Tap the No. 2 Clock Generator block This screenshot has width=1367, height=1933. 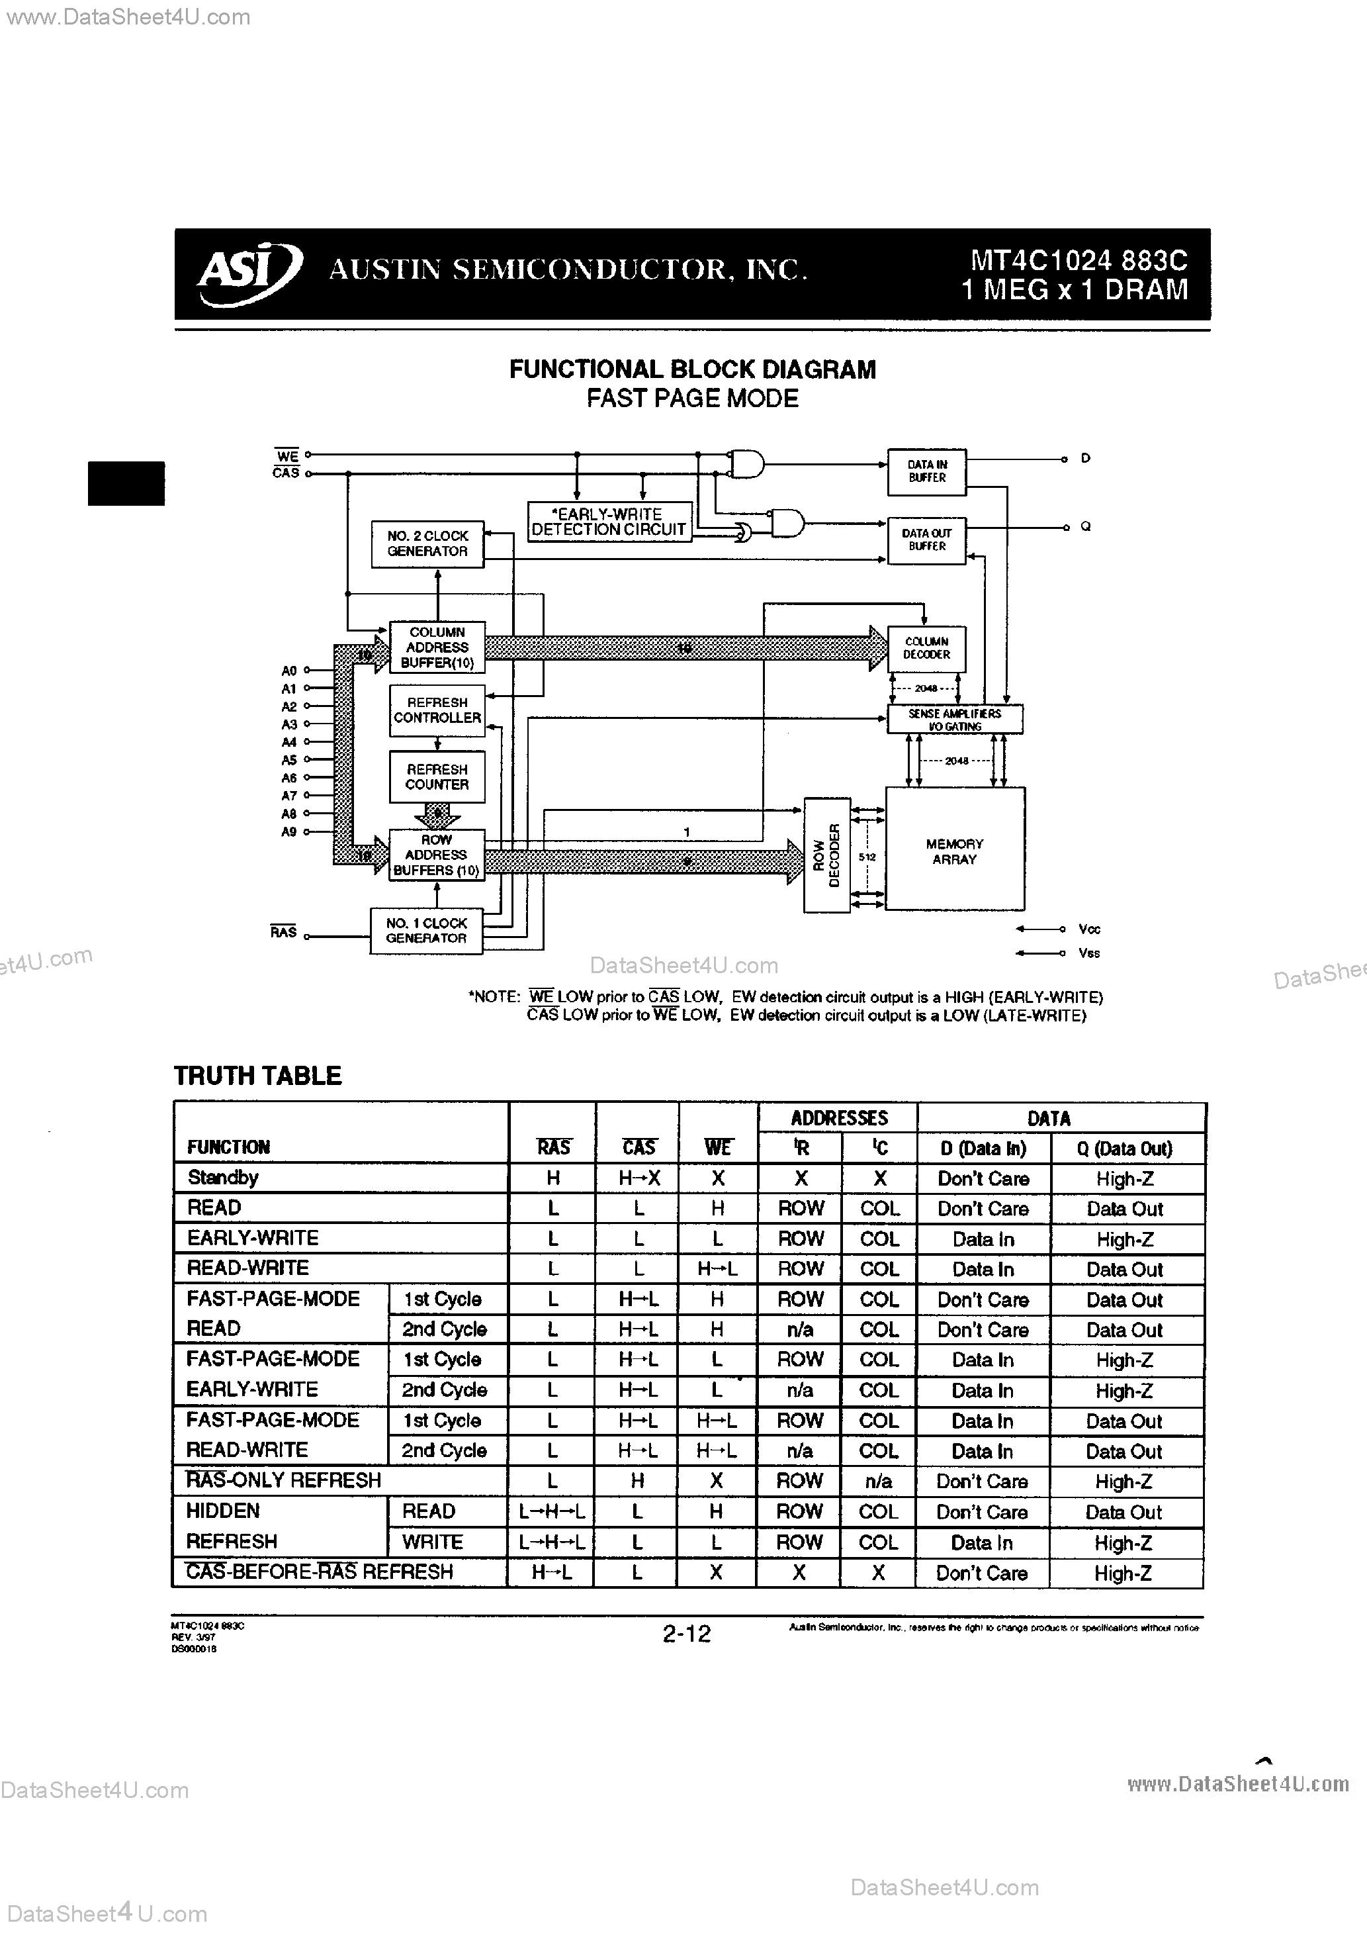pos(427,544)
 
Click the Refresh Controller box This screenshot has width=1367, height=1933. pos(437,710)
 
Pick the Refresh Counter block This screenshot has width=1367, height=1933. pos(437,777)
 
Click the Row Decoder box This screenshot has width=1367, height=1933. pos(828,855)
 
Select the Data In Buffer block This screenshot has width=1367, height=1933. pos(927,471)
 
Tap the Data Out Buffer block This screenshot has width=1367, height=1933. pos(927,540)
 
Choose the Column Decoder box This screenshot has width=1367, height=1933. pos(927,648)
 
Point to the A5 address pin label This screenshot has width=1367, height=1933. pos(288,760)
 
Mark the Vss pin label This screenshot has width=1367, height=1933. pos(1088,953)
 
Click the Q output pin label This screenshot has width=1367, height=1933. pos(1086,527)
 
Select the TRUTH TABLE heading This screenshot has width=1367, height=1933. pos(257,1076)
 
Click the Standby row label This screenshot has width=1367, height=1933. pos(223,1178)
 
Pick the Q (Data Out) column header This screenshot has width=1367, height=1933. pos(1125,1149)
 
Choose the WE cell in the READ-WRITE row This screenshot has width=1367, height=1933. pos(717,1269)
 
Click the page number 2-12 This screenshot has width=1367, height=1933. pos(687,1634)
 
